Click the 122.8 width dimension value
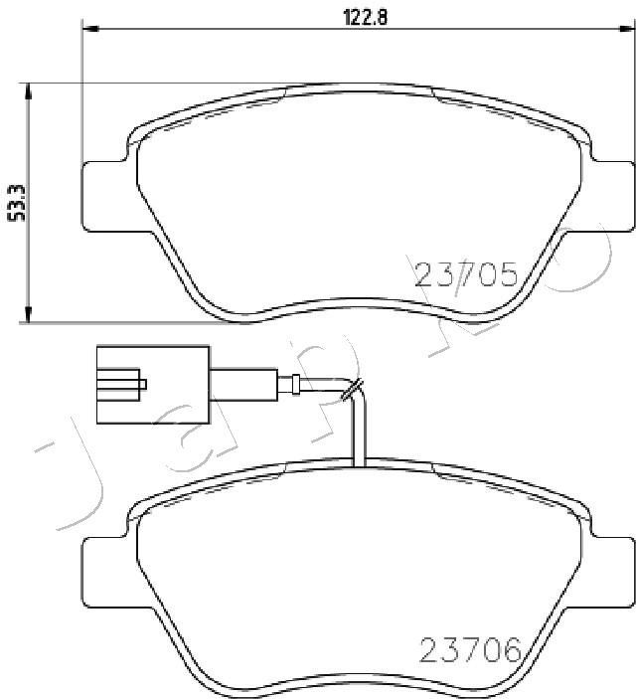[x=365, y=17]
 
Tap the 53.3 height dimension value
[x=18, y=204]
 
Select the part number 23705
[x=466, y=274]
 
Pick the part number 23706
[x=470, y=649]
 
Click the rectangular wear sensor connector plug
[x=153, y=384]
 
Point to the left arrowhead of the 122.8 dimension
[x=90, y=29]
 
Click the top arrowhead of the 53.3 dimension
[x=29, y=91]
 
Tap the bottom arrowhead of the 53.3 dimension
[x=29, y=313]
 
